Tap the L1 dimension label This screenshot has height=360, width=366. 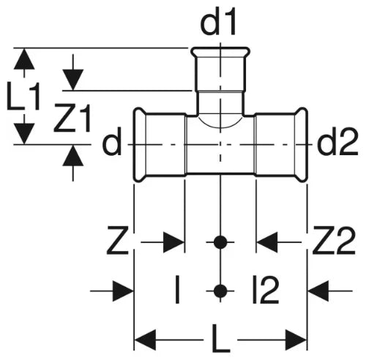point(23,96)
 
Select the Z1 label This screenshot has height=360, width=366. point(72,118)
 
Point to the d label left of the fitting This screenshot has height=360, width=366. point(112,141)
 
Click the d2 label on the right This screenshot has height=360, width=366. point(337,141)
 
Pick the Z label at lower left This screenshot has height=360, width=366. point(118,240)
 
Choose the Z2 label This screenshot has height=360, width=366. point(334,240)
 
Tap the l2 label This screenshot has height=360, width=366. point(266,289)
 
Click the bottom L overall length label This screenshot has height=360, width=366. point(220,338)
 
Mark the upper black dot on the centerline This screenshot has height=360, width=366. point(220,242)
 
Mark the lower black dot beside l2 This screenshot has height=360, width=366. point(220,290)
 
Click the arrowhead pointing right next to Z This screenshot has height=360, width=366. point(173,242)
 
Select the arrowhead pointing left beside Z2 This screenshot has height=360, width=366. point(266,242)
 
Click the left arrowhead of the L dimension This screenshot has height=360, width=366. point(145,340)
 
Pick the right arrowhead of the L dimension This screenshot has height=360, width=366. point(296,340)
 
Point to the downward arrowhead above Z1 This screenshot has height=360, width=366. point(73,80)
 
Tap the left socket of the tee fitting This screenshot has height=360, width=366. point(160,145)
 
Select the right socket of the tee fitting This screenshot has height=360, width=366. point(281,145)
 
